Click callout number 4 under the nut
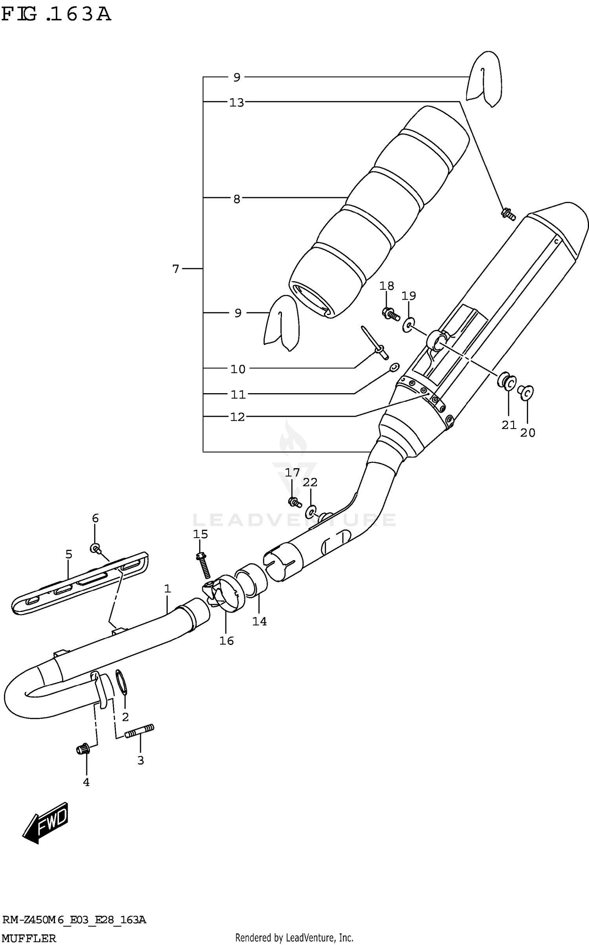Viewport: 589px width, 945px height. [86, 782]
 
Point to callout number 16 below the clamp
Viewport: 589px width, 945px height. [227, 641]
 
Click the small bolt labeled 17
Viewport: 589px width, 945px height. [295, 502]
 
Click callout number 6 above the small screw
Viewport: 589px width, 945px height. [95, 518]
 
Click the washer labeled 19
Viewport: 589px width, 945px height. [408, 324]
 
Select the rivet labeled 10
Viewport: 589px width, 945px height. [376, 343]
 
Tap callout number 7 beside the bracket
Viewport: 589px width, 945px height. [176, 269]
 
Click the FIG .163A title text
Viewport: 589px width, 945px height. [56, 15]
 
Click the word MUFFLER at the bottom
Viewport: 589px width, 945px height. [29, 938]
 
